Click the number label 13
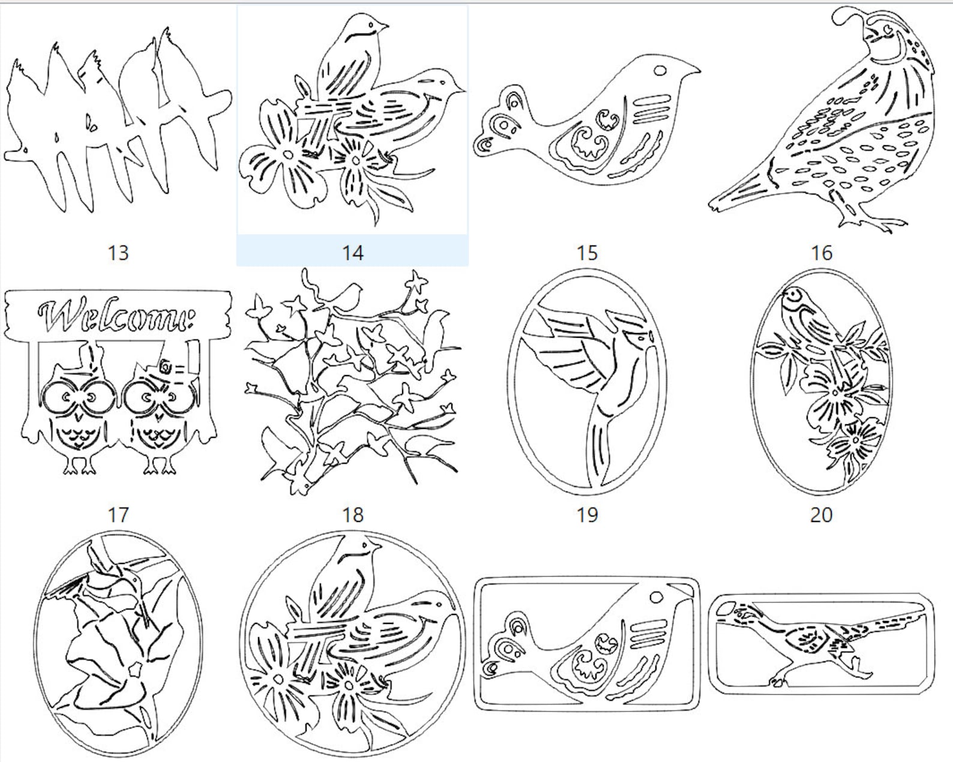(x=118, y=253)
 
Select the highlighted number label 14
(x=353, y=253)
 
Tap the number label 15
(x=587, y=253)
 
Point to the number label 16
(x=822, y=253)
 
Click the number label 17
(x=118, y=514)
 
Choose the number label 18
(x=353, y=514)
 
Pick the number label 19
(x=587, y=514)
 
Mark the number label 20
(x=822, y=514)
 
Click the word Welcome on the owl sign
(x=116, y=315)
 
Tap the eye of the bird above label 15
(x=660, y=70)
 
